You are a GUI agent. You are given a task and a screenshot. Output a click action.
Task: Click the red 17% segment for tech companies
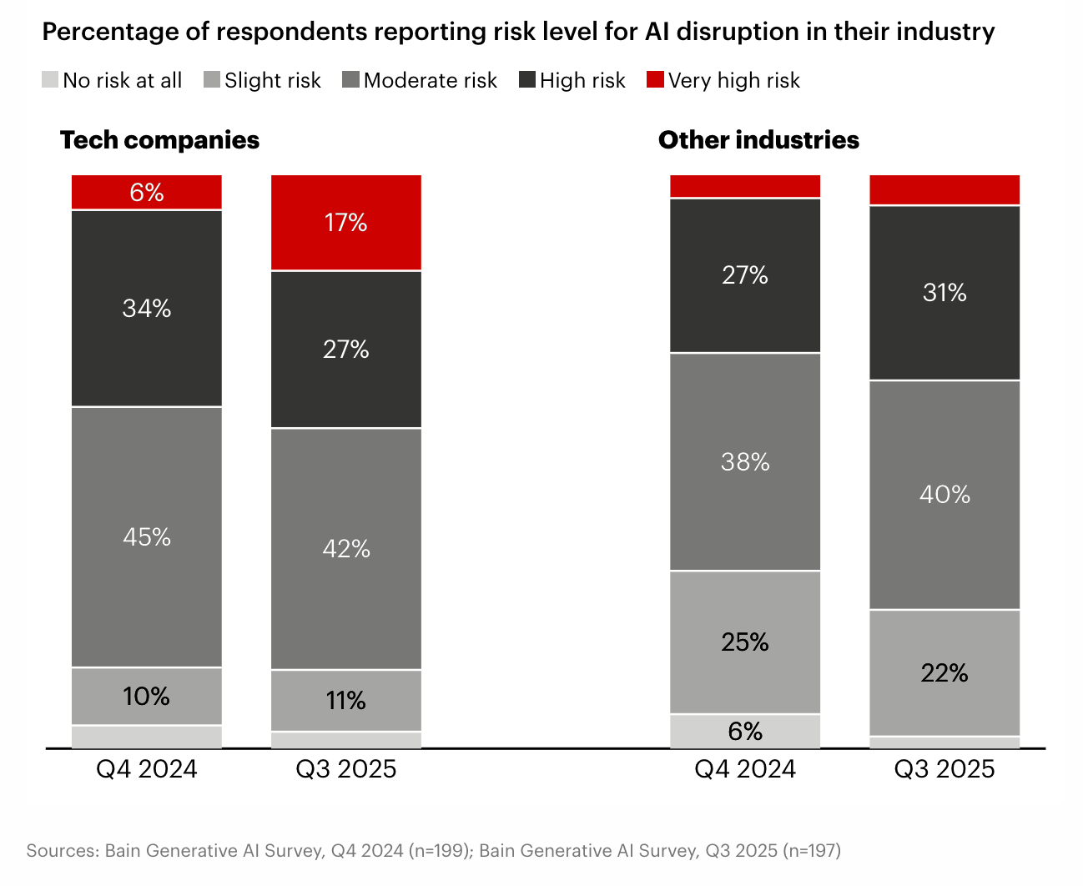[346, 223]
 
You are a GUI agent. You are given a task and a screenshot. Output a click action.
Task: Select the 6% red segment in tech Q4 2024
[147, 193]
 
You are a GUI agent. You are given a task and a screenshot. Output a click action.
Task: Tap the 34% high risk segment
[147, 308]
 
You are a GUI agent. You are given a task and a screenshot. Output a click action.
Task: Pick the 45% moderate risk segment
[147, 536]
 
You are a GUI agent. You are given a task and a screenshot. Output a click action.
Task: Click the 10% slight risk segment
[147, 696]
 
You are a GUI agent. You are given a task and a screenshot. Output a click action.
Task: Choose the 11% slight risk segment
[346, 700]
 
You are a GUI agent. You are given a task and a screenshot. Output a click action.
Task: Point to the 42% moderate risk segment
[346, 548]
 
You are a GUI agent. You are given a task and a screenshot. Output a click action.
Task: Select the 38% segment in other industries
[745, 461]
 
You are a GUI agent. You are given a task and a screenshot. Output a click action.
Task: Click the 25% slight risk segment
[745, 642]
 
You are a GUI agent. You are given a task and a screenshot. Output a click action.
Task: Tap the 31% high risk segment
[944, 292]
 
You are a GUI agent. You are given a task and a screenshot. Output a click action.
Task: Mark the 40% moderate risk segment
[944, 495]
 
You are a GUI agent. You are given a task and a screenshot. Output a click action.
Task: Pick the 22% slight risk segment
[944, 672]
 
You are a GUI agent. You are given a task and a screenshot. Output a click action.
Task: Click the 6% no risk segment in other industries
[745, 731]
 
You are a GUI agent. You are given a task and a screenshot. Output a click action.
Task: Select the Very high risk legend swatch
[655, 80]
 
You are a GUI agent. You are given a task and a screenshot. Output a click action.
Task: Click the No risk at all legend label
[122, 81]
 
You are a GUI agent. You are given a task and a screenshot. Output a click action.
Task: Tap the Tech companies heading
[159, 140]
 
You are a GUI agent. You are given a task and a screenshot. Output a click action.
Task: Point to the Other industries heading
[758, 140]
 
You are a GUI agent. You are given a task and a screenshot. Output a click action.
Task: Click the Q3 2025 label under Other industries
[944, 768]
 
